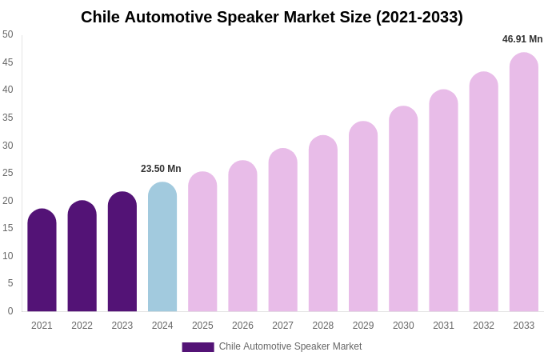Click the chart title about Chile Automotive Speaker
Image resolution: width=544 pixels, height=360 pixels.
272,17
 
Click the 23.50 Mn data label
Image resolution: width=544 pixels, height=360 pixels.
161,169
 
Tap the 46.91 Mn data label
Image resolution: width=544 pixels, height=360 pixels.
522,39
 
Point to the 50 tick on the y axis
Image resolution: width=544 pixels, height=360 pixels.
8,34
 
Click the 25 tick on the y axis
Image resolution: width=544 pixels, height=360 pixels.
8,173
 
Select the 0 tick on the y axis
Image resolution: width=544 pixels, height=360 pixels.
10,311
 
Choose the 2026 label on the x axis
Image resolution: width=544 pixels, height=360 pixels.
242,326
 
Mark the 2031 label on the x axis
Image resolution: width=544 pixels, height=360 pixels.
443,326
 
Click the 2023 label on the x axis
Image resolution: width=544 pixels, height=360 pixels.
122,326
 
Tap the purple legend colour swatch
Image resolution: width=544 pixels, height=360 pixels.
198,347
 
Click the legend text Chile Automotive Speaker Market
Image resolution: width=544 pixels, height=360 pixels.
290,346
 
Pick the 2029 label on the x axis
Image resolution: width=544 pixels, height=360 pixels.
363,326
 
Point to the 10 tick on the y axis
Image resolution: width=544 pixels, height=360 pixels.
8,256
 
